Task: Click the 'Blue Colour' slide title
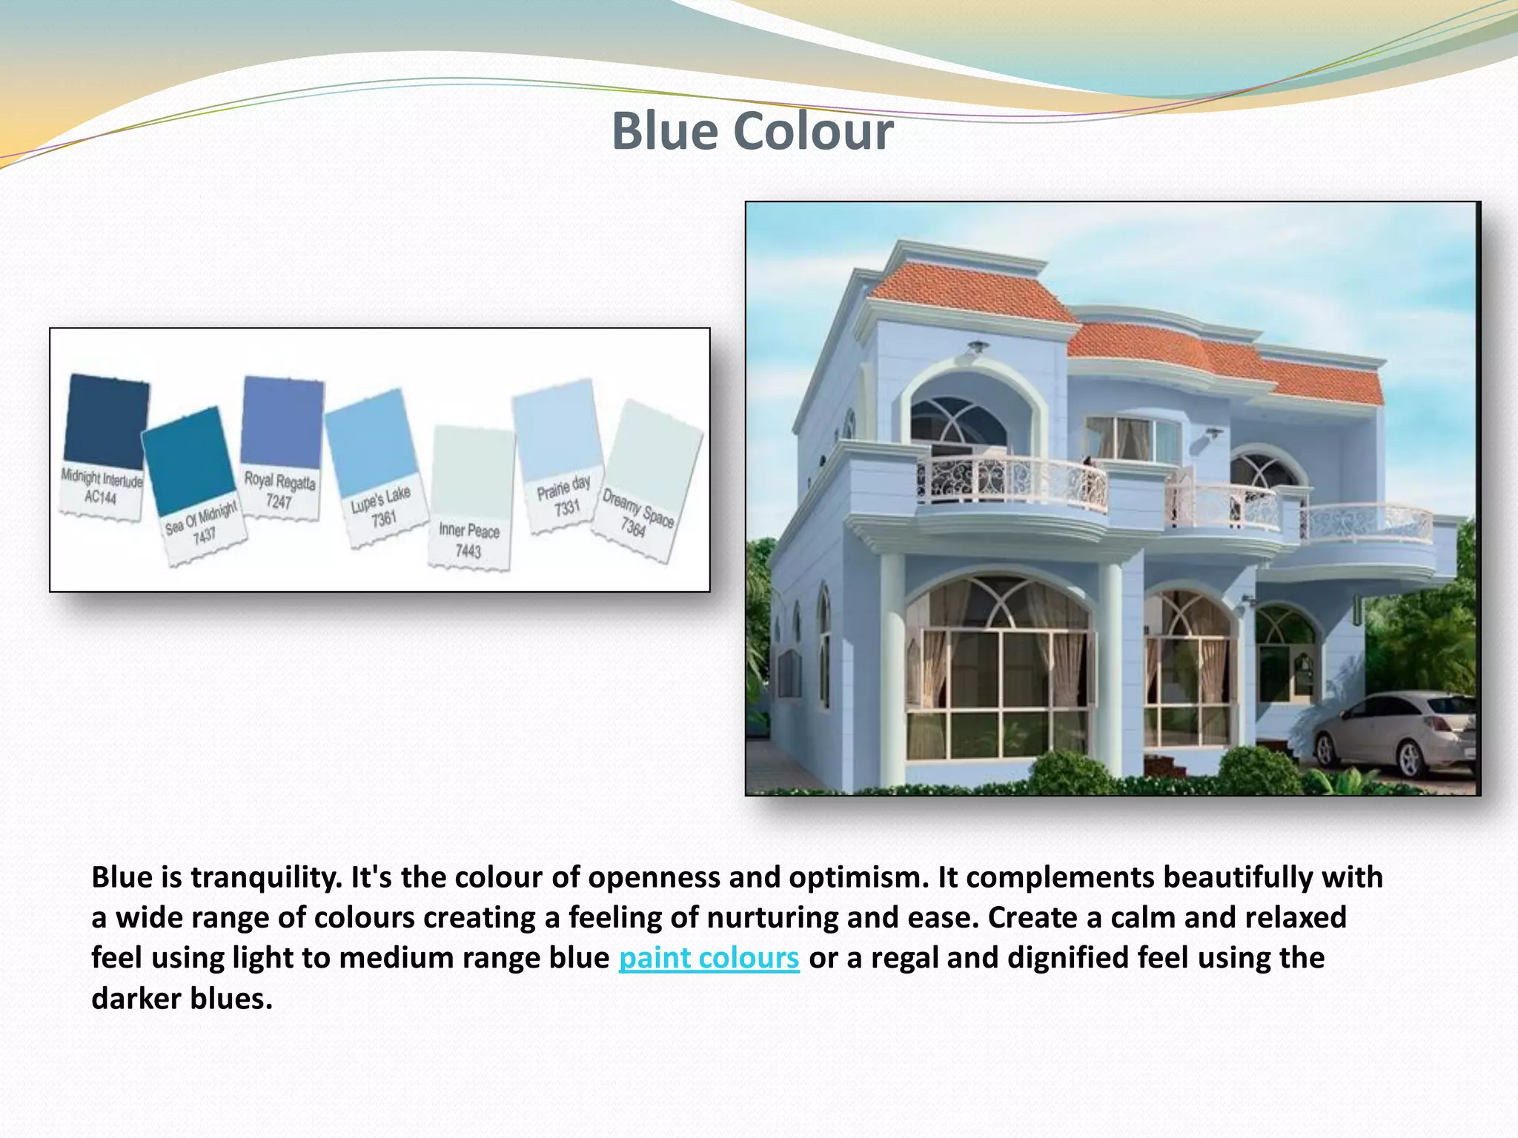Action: coord(752,132)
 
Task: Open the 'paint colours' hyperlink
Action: coord(709,958)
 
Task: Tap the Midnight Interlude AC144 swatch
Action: coord(105,422)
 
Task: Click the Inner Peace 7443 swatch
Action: coord(472,474)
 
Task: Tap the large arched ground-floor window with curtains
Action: coord(999,667)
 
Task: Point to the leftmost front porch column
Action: coord(893,667)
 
